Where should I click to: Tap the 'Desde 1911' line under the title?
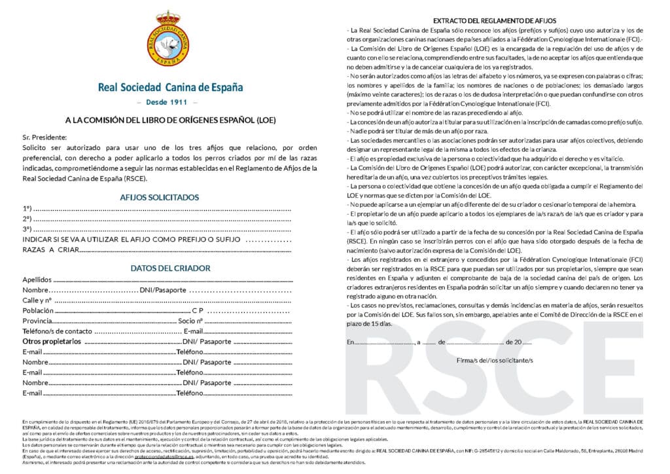point(169,103)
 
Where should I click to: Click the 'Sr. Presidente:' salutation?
point(44,137)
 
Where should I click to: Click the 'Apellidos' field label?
point(37,280)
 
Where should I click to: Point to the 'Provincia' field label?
point(37,321)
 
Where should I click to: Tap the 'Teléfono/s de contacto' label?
point(58,331)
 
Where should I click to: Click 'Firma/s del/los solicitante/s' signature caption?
point(495,360)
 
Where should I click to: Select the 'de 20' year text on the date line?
point(512,342)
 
